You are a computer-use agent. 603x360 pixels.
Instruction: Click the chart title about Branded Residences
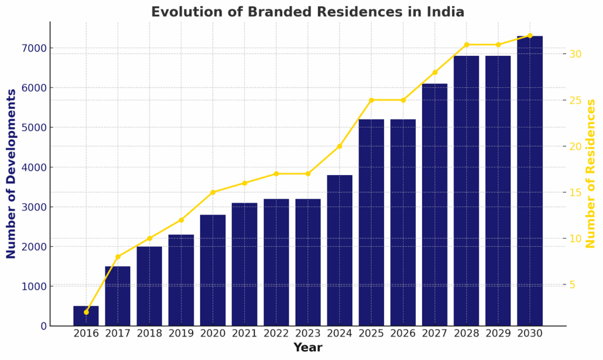(307, 12)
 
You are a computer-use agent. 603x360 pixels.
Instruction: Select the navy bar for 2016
(86, 316)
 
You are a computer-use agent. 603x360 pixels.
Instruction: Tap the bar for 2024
(340, 250)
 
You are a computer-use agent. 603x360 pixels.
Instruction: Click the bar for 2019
(181, 280)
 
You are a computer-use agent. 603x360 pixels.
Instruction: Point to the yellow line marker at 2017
(118, 257)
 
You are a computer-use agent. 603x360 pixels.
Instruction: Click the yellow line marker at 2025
(372, 100)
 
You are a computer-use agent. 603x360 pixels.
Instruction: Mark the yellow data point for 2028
(466, 45)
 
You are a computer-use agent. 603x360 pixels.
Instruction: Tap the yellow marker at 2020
(213, 192)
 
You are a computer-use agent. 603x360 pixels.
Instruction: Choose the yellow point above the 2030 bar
(530, 35)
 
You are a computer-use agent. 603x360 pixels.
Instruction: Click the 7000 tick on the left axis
(35, 48)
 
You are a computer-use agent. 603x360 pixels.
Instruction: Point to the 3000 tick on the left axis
(35, 207)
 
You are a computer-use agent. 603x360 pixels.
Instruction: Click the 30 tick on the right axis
(575, 54)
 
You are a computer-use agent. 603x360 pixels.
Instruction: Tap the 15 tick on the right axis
(575, 193)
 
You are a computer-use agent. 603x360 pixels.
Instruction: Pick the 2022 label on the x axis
(276, 333)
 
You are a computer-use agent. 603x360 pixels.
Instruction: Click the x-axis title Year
(307, 348)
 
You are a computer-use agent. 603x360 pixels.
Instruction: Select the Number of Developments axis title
(12, 174)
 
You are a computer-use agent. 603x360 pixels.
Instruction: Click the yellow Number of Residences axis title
(591, 174)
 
